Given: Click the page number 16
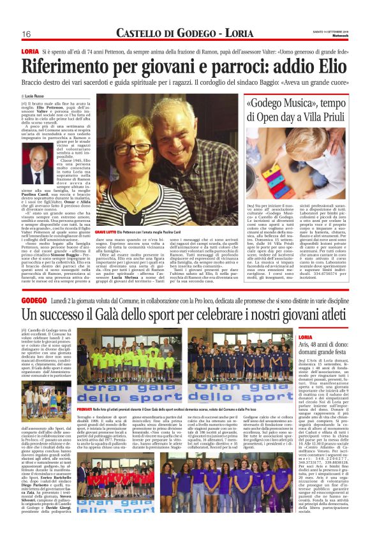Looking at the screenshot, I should click(27, 33).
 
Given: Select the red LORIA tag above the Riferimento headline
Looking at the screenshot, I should click(29, 50).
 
